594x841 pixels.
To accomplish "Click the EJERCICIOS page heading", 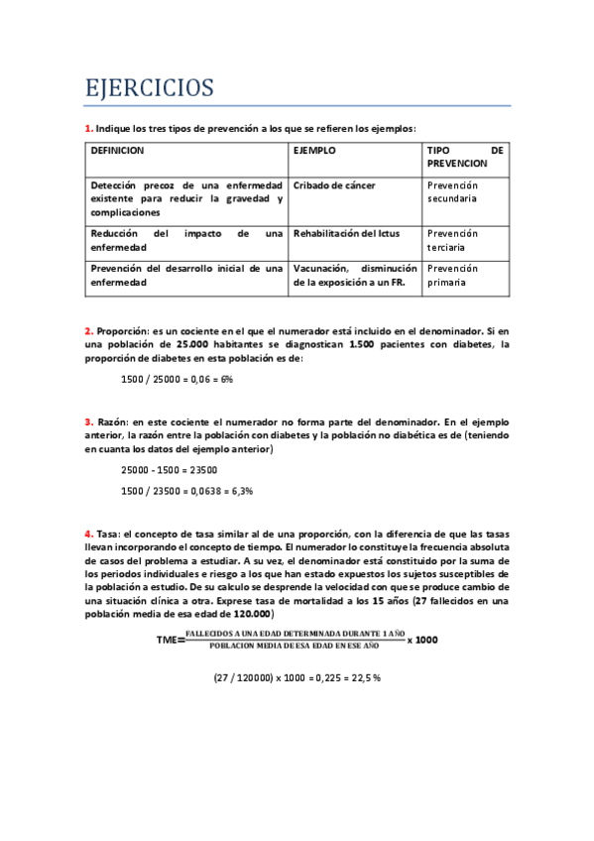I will [149, 88].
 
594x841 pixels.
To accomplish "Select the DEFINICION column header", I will [117, 151].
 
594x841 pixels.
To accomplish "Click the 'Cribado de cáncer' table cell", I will [334, 185].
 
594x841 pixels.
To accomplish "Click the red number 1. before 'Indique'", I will [88, 128].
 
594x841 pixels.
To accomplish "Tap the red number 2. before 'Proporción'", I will [88, 331].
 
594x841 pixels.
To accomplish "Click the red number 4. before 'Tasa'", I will [88, 534].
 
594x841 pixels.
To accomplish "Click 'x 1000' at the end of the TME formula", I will [421, 640].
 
